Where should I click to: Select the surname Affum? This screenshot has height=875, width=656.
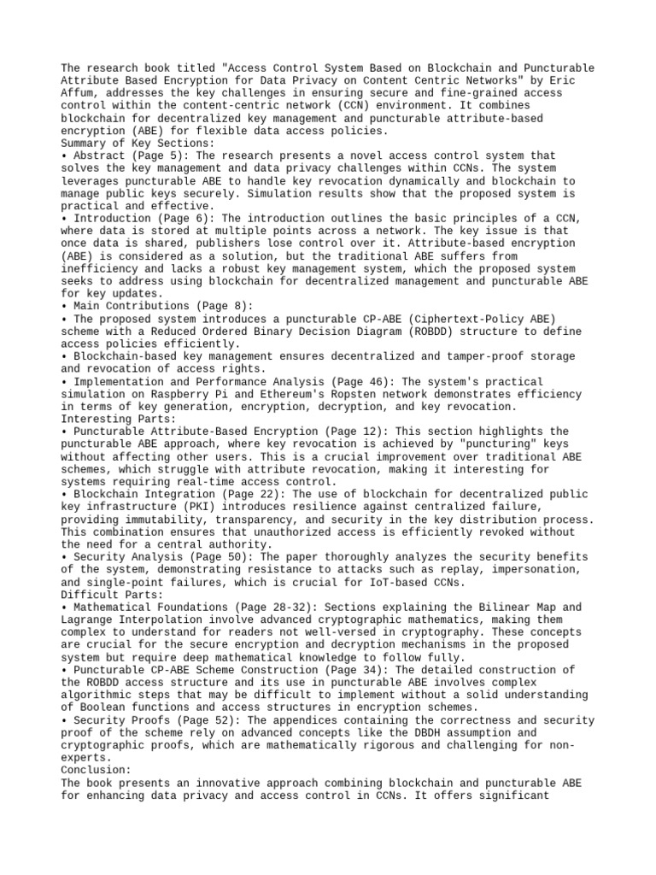pos(79,92)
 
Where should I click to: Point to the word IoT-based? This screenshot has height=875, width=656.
pos(407,582)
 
